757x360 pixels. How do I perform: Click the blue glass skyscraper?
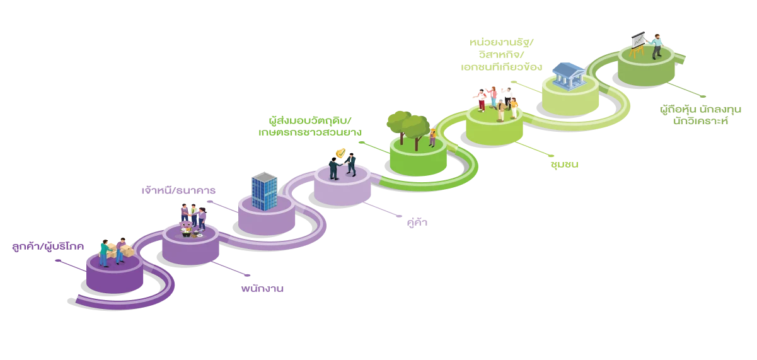coord(264,191)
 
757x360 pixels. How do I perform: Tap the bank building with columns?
coord(567,75)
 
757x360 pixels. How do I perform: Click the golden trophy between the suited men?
coord(342,154)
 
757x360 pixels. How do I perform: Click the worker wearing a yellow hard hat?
coord(432,137)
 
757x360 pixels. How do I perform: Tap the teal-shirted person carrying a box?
coord(105,252)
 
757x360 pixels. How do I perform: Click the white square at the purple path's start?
coord(74,294)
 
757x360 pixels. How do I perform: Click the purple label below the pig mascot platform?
coord(262,288)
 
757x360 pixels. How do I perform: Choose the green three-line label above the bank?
coord(502,54)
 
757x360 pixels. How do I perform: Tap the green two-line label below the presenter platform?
coord(700,115)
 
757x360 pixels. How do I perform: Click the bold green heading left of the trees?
coord(309,120)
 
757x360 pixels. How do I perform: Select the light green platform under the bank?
coord(570,101)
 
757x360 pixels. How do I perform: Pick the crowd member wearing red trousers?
coord(482,101)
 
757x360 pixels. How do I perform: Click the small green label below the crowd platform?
coord(565,166)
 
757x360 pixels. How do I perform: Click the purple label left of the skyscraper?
coord(178,190)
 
